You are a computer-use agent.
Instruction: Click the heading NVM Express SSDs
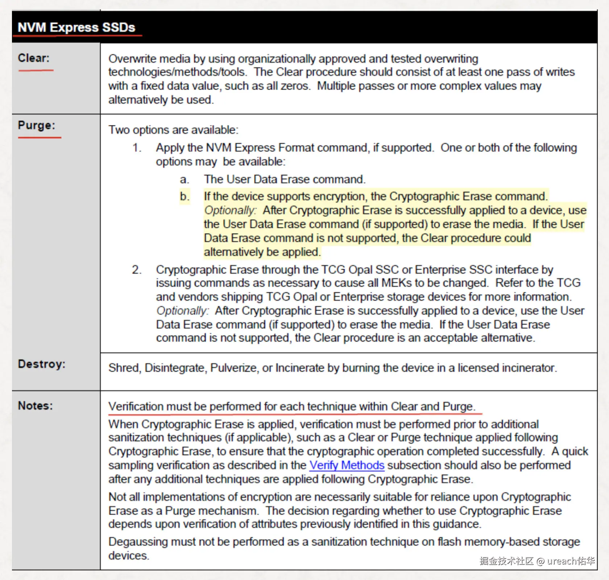(76, 28)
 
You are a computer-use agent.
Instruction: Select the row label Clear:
(34, 58)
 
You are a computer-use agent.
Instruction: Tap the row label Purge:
(37, 125)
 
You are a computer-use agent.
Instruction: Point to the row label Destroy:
(42, 364)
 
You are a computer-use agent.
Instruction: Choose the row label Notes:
(36, 406)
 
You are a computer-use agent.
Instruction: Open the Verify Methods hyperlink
(347, 465)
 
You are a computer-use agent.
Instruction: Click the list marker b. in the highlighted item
(185, 196)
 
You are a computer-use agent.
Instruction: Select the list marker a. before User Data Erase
(185, 179)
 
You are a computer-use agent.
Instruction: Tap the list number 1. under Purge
(137, 148)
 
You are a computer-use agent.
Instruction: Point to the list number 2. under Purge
(137, 270)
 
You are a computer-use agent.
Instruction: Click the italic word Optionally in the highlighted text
(230, 211)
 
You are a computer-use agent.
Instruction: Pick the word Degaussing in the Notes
(138, 542)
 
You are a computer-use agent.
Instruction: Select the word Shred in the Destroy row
(124, 368)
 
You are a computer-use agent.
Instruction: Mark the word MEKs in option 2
(397, 283)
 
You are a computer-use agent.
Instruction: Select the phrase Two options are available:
(173, 130)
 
